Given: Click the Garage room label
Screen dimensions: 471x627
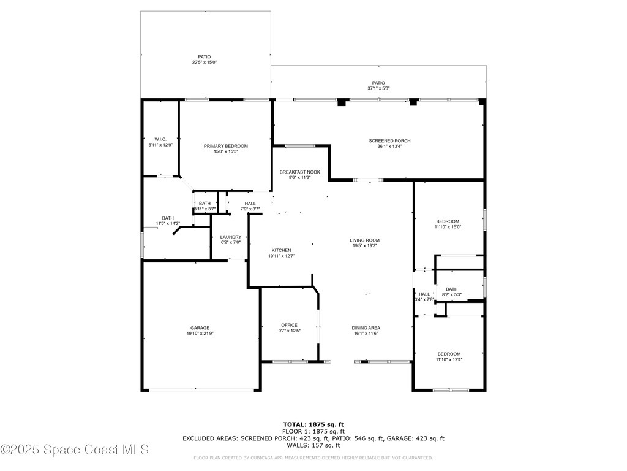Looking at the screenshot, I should pos(200,328).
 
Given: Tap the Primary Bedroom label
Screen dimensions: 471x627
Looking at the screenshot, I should pos(226,146).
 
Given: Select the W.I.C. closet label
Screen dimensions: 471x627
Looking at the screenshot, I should pos(160,139).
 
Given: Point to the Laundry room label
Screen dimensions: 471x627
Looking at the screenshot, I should pos(231,237).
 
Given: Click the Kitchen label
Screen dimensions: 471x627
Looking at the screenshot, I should pos(281,250).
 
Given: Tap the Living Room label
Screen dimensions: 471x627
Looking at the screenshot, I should pos(364,240).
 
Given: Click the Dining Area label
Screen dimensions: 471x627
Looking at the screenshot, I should pos(366,327).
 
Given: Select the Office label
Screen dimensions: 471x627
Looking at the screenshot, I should pos(289,325).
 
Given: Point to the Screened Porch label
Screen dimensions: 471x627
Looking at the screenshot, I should pos(389,141).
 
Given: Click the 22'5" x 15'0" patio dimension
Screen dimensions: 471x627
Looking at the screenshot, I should pos(204,63).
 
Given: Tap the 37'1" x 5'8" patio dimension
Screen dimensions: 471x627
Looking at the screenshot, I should pos(378,88).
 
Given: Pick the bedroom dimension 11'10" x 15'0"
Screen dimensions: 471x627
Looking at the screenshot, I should pos(448,227).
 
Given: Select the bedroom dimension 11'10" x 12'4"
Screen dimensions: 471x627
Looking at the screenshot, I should pos(449,359).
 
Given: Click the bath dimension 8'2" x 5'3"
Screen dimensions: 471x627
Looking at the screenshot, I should pos(451,295).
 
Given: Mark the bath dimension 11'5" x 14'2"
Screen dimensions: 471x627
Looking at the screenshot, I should pos(168,223).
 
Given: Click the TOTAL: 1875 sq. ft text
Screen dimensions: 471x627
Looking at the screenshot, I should pos(313,424).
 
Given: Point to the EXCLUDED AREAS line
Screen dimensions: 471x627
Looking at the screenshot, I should pos(313,438).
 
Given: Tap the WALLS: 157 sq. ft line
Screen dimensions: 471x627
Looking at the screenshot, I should pos(313,445).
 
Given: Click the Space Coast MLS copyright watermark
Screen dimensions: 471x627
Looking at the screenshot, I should pos(74,450).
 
